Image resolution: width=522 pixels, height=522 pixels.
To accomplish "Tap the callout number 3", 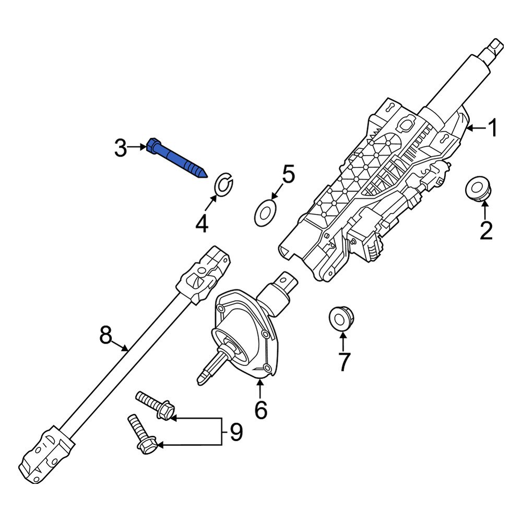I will pos(121,149).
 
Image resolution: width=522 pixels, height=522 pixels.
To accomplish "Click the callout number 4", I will pos(201,224).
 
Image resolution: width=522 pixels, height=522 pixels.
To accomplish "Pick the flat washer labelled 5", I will pos(265,216).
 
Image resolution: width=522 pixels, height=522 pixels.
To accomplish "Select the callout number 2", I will pos(485,230).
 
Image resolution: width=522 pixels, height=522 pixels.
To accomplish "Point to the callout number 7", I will pos(343,361).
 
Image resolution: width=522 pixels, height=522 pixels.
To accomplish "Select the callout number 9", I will pos(236,433).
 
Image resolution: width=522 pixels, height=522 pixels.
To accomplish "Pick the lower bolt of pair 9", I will pos(141,434).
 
